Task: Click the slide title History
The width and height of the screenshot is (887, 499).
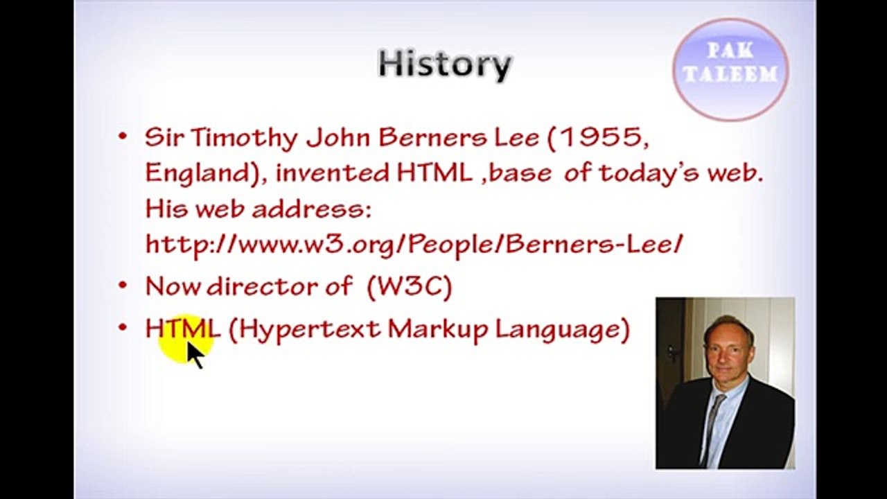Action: (x=445, y=64)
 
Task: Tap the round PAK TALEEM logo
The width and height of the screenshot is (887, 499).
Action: (x=730, y=68)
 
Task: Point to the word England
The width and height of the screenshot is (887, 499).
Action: (x=197, y=173)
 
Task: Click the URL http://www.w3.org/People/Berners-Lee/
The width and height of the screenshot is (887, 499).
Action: (x=414, y=244)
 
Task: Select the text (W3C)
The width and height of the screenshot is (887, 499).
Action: (x=410, y=286)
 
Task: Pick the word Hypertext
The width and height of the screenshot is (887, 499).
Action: (x=310, y=329)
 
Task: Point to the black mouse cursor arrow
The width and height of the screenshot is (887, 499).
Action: (x=195, y=355)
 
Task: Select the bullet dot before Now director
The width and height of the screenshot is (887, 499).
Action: (x=123, y=286)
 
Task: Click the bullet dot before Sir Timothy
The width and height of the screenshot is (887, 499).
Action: (x=123, y=137)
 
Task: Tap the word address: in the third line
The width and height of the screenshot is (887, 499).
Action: (x=311, y=209)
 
